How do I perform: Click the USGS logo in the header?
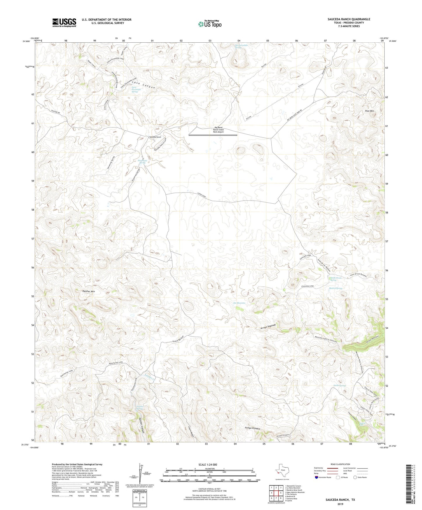(64, 22)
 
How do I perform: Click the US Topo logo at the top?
(210, 24)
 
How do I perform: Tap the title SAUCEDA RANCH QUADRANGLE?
(349, 19)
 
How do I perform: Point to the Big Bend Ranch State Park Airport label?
(218, 130)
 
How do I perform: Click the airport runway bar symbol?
(213, 135)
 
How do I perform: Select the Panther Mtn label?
(88, 291)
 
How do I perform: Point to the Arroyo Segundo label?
(268, 327)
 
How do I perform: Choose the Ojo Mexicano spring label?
(239, 303)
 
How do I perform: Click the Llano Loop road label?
(201, 195)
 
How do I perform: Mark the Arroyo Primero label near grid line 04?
(252, 428)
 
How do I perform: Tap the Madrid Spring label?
(335, 288)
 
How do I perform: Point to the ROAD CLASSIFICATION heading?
(340, 464)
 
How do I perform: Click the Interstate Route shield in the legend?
(317, 478)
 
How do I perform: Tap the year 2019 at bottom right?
(340, 504)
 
